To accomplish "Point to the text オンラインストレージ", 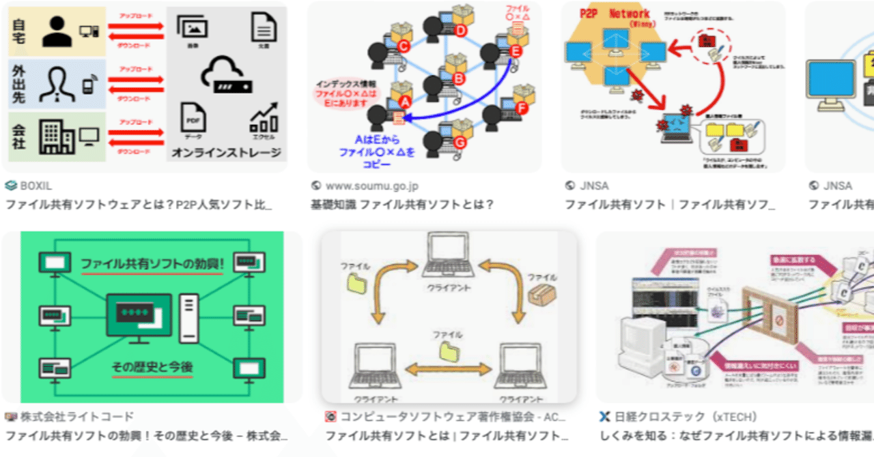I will point(227,153).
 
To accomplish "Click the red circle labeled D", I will point(460,30).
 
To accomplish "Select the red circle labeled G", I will point(460,142).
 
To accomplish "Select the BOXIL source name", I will point(36,186).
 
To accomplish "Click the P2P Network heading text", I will point(615,14).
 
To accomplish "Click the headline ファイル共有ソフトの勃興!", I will point(152,263).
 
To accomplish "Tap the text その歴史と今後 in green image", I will point(152,367).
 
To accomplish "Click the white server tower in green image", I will point(188,318).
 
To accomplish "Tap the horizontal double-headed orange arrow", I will point(447,369).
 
